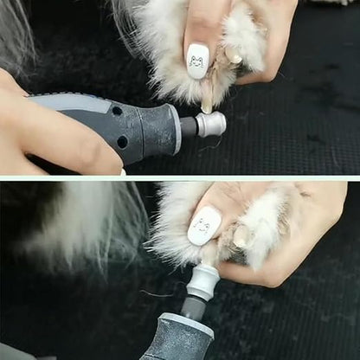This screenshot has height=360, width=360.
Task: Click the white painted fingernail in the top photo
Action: tap(197, 61)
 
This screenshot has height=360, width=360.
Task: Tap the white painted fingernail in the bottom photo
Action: tap(203, 226)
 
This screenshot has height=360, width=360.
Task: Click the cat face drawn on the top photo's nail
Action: tap(196, 61)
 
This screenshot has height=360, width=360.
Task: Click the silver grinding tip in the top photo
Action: tap(211, 124)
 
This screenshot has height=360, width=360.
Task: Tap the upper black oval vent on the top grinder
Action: tap(117, 111)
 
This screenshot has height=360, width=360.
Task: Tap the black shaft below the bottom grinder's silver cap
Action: tap(195, 307)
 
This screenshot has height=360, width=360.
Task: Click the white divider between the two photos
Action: tap(180, 177)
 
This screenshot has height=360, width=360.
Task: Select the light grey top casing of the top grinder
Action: tap(69, 102)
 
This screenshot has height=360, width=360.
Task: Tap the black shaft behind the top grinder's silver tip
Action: tap(188, 128)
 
